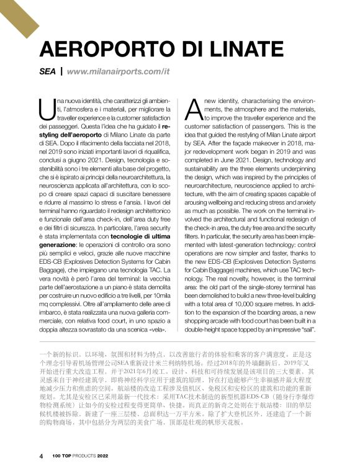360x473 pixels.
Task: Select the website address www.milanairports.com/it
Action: [119, 71]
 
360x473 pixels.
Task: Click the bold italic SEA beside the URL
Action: [47, 71]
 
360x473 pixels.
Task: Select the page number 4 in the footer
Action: [41, 456]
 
